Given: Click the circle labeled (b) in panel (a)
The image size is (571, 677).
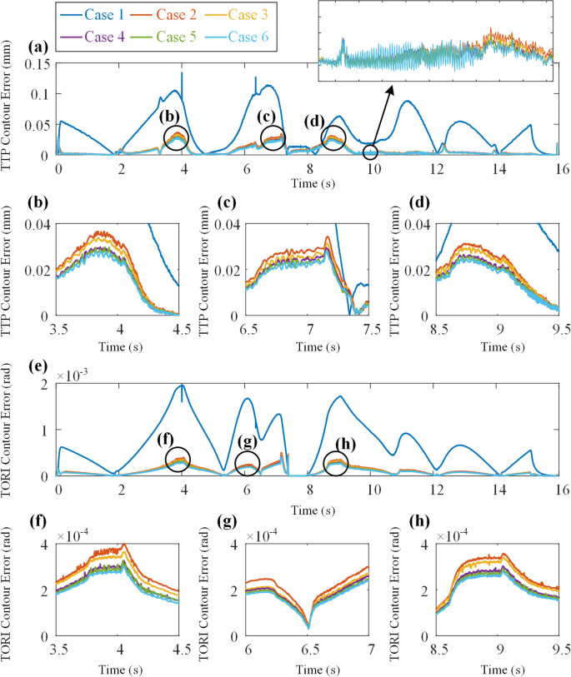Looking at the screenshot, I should click(x=176, y=137).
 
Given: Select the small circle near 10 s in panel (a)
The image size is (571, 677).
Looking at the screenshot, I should click(x=370, y=152).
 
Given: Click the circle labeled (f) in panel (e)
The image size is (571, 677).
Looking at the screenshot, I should click(x=178, y=459).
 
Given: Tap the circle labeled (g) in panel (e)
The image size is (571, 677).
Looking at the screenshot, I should click(x=247, y=463).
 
